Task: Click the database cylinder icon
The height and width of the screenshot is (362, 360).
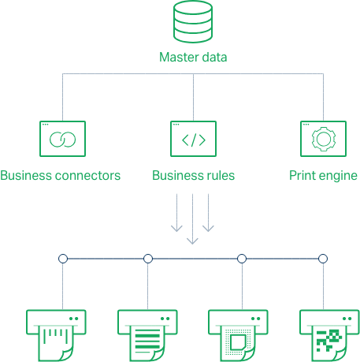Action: click(193, 21)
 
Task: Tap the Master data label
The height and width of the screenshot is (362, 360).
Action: click(193, 57)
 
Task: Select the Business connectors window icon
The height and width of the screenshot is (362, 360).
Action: click(62, 139)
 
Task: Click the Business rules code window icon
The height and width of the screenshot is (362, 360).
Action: click(193, 139)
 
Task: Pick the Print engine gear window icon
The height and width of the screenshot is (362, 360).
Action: click(323, 139)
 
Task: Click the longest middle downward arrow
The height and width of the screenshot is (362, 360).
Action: click(192, 219)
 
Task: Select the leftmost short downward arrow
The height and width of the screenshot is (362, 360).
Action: click(176, 213)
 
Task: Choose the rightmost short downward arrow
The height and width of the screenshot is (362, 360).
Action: click(208, 213)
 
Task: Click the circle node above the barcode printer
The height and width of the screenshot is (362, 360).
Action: click(63, 259)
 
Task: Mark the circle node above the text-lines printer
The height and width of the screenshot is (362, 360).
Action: click(148, 259)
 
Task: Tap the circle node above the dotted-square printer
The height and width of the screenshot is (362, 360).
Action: click(242, 259)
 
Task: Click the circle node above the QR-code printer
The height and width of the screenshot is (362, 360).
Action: click(323, 259)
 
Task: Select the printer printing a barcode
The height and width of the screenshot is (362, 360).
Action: click(56, 335)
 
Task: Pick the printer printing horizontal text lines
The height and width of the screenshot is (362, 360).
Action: click(147, 335)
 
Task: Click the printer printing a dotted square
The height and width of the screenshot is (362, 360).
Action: click(238, 335)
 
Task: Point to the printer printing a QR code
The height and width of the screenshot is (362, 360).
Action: click(329, 335)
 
